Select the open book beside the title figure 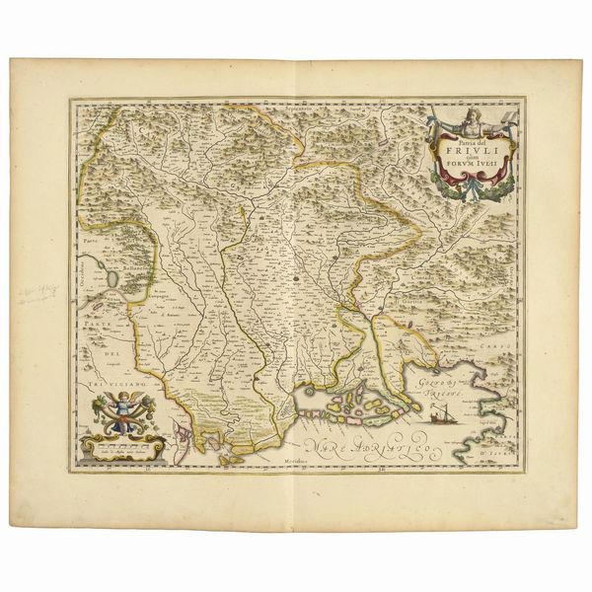click(x=497, y=121)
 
